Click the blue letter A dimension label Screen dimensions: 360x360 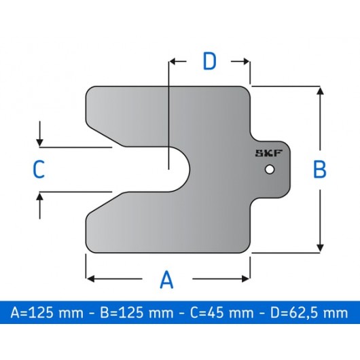point(166,278)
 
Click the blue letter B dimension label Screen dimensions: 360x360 point(319,169)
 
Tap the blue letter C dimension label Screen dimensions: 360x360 point(39,169)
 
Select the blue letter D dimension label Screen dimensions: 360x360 point(210,62)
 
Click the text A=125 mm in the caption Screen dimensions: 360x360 point(47,313)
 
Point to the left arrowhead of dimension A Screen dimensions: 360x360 point(89,278)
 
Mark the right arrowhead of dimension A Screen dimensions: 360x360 point(247,278)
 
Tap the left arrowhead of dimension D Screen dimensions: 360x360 point(173,62)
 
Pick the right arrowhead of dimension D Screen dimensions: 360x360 point(247,62)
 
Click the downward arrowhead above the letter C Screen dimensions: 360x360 point(41,142)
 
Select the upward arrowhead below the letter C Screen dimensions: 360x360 point(41,196)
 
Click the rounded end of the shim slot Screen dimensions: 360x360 point(188,169)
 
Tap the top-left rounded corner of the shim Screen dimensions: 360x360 point(93,92)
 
